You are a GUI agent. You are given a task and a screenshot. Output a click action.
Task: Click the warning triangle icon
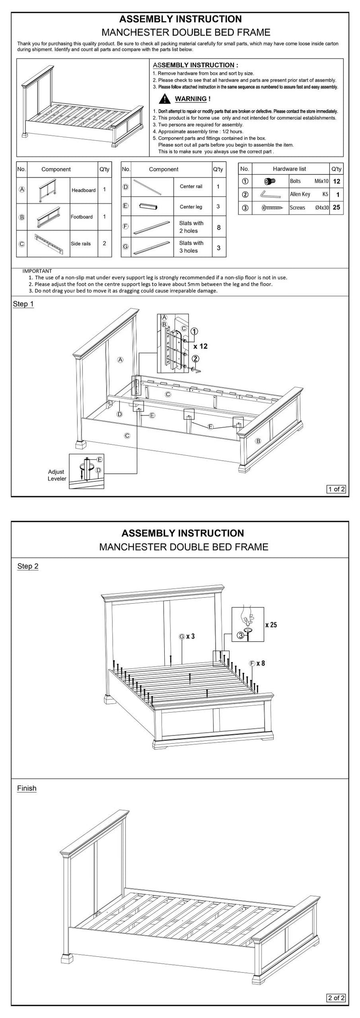pos(165,99)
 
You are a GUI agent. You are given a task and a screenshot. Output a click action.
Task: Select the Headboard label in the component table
pos(83,190)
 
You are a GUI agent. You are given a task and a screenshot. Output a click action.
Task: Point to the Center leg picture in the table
pos(148,206)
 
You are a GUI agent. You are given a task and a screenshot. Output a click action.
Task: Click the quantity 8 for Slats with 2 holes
pos(219,227)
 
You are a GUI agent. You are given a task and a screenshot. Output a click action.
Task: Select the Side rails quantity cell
pos(104,243)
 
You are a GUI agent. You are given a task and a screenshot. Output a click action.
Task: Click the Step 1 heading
pos(23,304)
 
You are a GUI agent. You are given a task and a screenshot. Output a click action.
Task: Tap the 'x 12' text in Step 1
pos(201,346)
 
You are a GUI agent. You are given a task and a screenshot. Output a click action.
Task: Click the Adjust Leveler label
pos(57,475)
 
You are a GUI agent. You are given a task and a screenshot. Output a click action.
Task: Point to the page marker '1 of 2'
pos(336,489)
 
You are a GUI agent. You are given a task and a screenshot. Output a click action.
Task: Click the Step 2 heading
pos(28,566)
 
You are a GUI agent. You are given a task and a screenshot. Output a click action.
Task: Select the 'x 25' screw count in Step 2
pos(271,624)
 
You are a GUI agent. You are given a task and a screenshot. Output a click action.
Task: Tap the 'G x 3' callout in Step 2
pos(187,637)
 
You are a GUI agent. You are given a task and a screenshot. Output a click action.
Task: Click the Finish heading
pos(27,788)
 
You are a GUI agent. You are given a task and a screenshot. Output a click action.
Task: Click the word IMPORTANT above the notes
pos(37,271)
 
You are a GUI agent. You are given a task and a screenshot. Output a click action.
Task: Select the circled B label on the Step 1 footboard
pos(258,441)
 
